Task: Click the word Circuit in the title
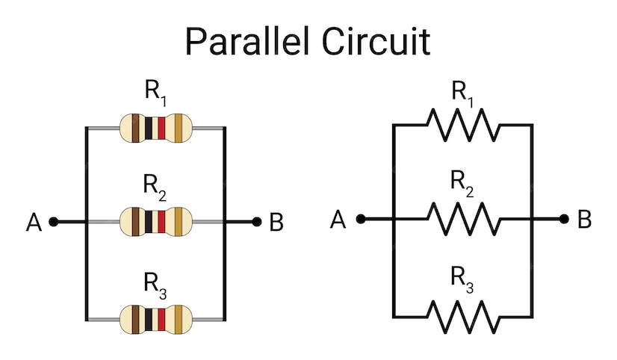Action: [376, 41]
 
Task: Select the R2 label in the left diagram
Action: [155, 187]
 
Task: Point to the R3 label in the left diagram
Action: [155, 285]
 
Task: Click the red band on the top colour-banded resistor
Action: [161, 128]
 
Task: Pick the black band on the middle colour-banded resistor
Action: [149, 223]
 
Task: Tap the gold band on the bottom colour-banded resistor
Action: [179, 319]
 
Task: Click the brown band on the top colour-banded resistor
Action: [135, 128]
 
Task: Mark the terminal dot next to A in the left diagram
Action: [54, 222]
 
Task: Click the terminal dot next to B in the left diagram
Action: [256, 222]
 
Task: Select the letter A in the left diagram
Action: [34, 223]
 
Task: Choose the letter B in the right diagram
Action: [584, 219]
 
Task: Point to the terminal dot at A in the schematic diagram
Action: [361, 219]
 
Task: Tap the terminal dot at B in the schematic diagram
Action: [564, 219]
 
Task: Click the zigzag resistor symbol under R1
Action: [463, 125]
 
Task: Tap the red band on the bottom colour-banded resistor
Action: [161, 319]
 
